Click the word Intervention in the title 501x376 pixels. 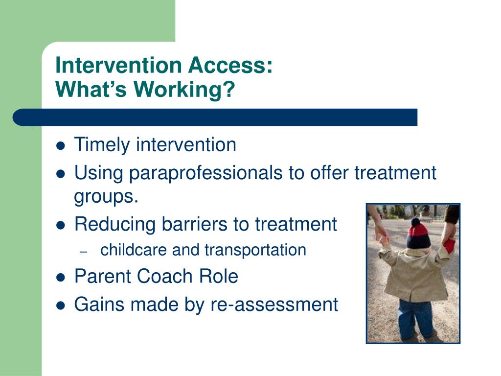coord(119,65)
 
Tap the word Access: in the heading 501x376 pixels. coord(230,65)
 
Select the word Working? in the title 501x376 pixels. coord(184,90)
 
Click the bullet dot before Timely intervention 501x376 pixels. coord(60,146)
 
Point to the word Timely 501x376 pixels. coord(102,145)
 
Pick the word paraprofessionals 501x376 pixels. coord(206,173)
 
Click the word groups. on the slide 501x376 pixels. coord(106,196)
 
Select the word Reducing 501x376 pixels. coord(115,224)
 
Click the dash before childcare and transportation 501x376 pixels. coord(84,252)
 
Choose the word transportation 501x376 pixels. coord(255,250)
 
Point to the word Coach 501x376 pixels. coord(165,276)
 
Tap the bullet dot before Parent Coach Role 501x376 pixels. coord(60,277)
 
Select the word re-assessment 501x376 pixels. coord(274,305)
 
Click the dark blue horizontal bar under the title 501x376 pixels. coord(215,117)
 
